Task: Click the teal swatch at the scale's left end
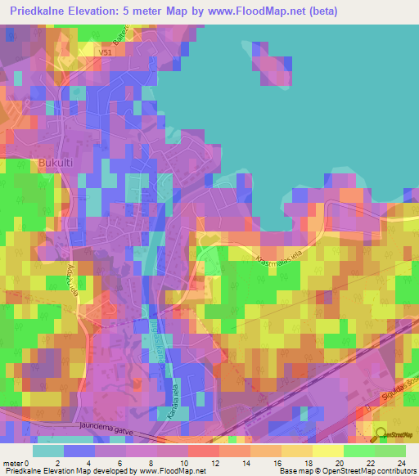[x=48, y=451]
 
